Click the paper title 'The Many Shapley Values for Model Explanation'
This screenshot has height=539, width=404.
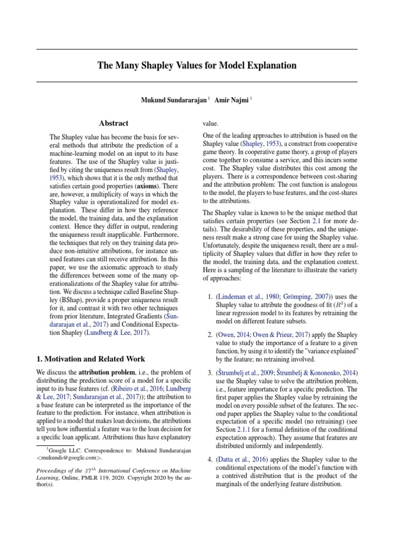click(197, 66)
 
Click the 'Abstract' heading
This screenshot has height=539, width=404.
click(114, 123)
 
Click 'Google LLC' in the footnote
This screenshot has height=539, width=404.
click(62, 451)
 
